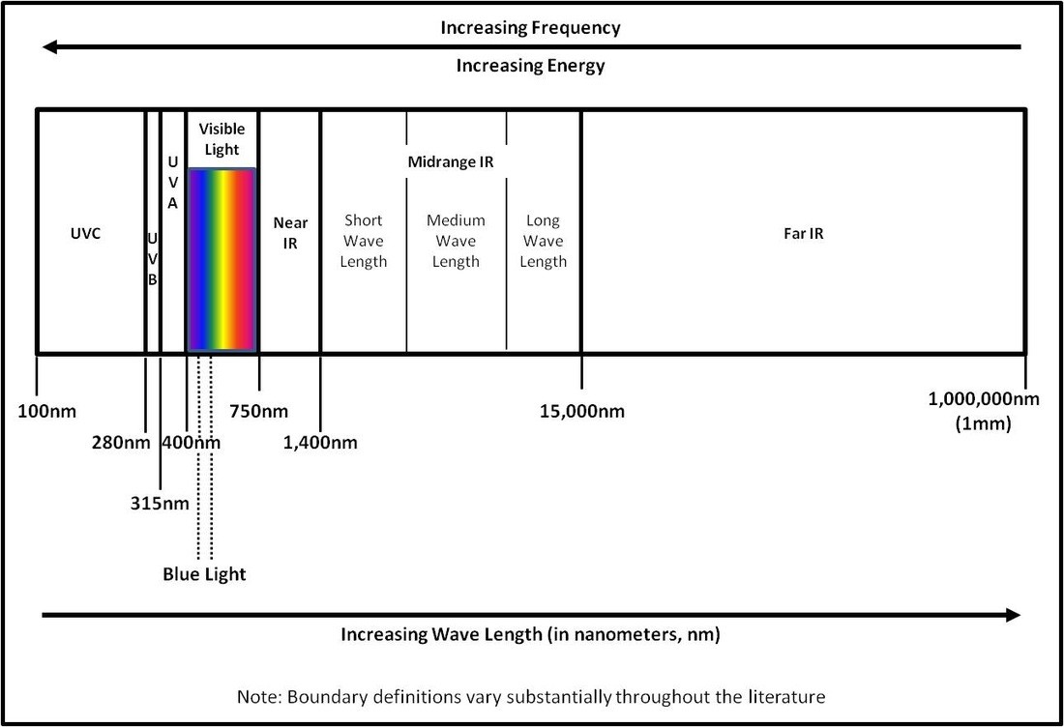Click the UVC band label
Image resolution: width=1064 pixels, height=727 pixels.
[x=85, y=233]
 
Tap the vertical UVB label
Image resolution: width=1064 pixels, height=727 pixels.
[x=153, y=258]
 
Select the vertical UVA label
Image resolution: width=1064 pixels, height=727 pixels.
[x=172, y=183]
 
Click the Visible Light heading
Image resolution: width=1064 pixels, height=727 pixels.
[x=222, y=139]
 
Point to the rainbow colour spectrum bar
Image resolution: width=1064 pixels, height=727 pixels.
[x=222, y=260]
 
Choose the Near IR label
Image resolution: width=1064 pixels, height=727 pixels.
[x=290, y=233]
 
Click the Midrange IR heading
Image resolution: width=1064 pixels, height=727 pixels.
[x=451, y=162]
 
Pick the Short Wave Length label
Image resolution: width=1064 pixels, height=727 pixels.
[x=363, y=241]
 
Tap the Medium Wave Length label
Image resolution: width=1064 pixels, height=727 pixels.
[x=456, y=241]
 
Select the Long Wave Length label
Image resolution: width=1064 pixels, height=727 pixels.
[x=543, y=241]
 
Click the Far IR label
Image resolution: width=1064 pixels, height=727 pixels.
[x=804, y=233]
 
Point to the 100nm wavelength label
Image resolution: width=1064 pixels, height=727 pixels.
[x=46, y=411]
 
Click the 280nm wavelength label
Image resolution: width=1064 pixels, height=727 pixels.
[x=121, y=442]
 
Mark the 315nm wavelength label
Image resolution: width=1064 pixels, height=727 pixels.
[x=160, y=504]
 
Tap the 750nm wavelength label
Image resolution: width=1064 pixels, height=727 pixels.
[x=258, y=411]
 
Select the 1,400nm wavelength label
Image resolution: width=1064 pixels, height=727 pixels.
[x=320, y=442]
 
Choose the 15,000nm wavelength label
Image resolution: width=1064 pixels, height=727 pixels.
[x=582, y=411]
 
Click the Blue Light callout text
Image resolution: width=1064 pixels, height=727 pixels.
[x=204, y=574]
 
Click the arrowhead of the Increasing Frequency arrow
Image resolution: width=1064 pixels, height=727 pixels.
[x=49, y=46]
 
